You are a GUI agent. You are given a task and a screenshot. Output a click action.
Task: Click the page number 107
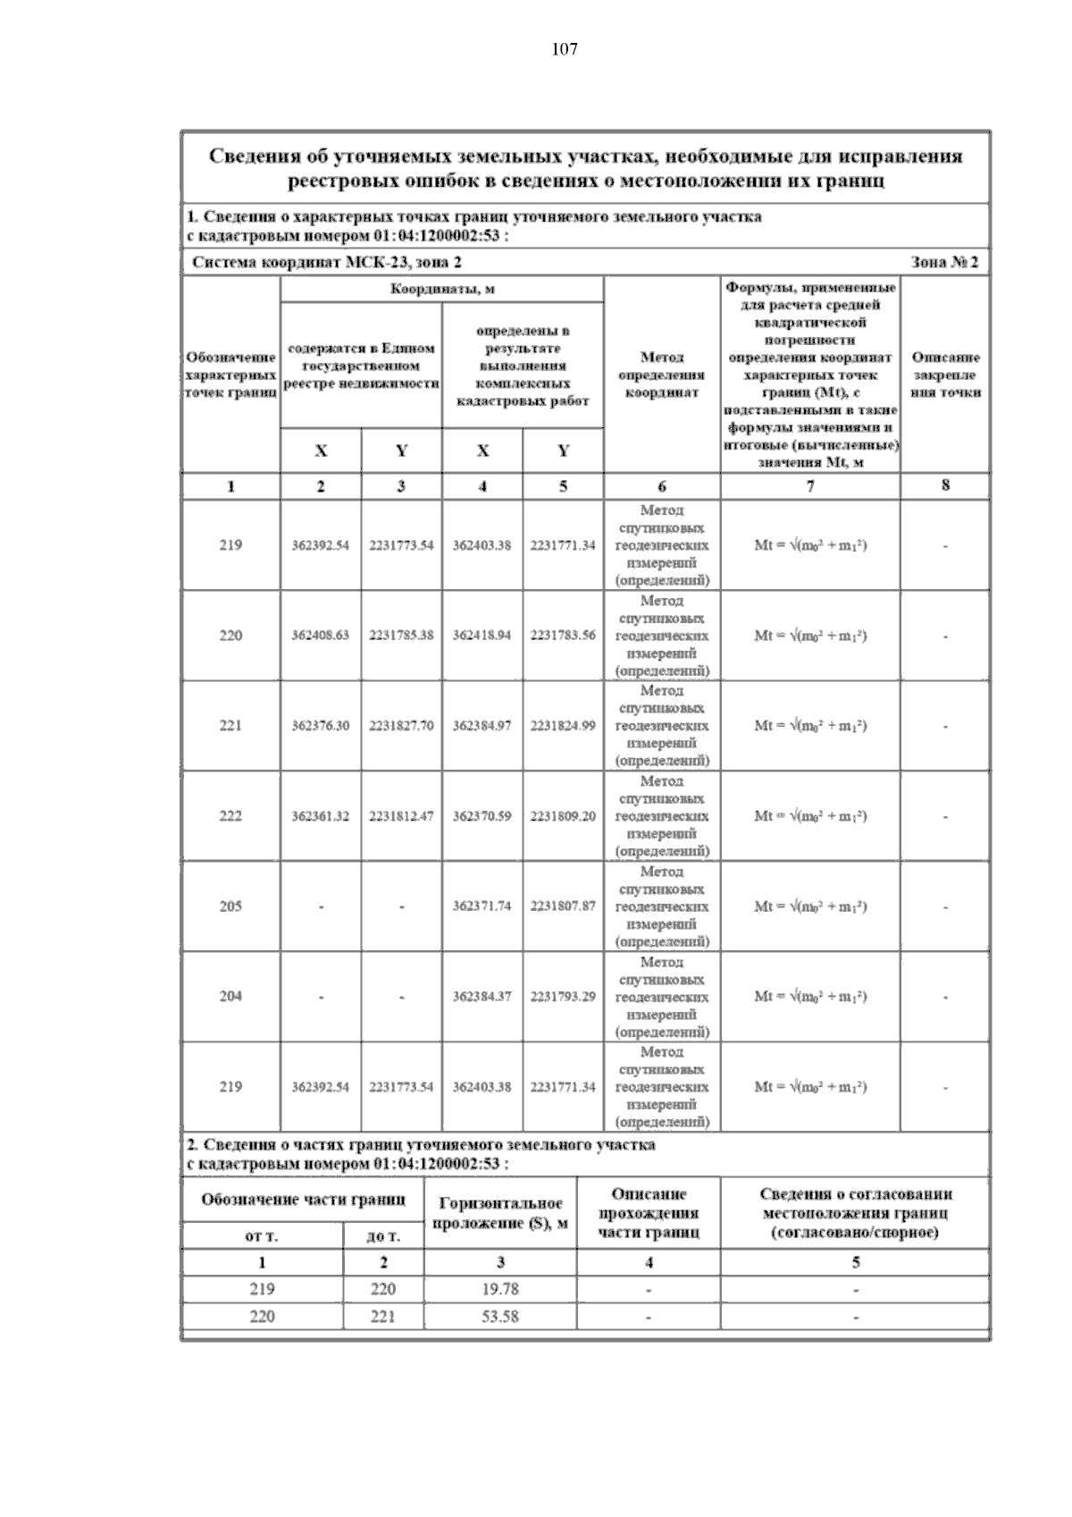pos(564,49)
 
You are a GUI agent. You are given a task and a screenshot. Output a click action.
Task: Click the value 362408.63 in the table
pos(321,636)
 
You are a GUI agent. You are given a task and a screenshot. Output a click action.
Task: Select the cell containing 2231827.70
pos(401,726)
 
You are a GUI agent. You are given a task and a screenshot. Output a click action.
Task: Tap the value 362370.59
pos(482,816)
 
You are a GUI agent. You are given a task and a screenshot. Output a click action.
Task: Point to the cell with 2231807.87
pos(563,906)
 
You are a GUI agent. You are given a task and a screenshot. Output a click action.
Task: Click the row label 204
pos(230,997)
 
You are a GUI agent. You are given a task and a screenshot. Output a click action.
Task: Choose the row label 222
pos(230,816)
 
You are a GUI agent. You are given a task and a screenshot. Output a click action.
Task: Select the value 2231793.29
pos(563,997)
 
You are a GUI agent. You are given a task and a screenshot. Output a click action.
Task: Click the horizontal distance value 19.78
pos(499,1289)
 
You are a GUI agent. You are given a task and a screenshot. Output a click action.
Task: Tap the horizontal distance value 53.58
pos(499,1317)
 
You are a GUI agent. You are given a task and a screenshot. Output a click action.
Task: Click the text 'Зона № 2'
pos(944,263)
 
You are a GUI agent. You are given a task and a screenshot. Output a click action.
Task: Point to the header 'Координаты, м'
pos(442,290)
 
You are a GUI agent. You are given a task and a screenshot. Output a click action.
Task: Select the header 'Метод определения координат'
pos(662,375)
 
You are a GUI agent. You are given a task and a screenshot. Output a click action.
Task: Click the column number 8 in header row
pos(945,485)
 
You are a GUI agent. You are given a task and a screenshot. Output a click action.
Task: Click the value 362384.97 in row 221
pos(482,726)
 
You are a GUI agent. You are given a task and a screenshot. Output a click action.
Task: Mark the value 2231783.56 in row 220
pos(563,636)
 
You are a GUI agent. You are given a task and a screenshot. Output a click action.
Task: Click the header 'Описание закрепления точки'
pos(945,375)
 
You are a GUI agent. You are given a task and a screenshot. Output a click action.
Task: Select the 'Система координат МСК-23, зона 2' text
pos(328,263)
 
